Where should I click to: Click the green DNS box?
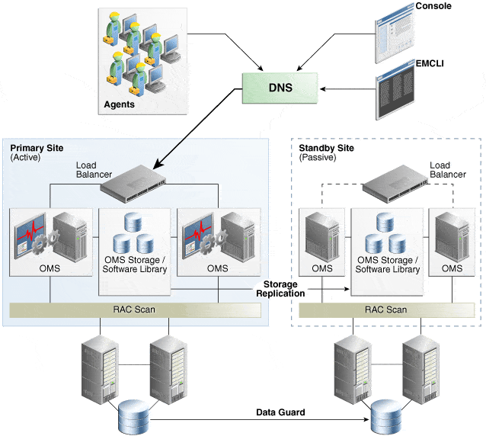pyautogui.click(x=279, y=88)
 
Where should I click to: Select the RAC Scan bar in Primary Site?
pyautogui.click(x=135, y=309)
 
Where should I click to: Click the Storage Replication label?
pyautogui.click(x=280, y=288)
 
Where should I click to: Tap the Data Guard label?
pyautogui.click(x=280, y=412)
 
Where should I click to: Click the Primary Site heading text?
pyautogui.click(x=37, y=147)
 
